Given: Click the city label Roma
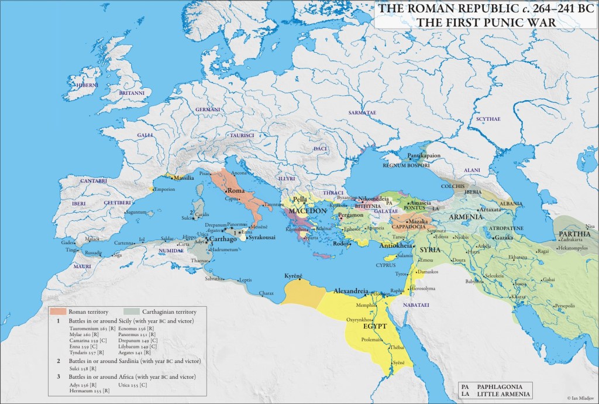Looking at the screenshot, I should point(236,191).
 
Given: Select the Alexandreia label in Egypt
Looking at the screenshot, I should point(351,291).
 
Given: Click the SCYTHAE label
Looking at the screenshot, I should point(488,119).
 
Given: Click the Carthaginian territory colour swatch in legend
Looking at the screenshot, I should point(133,311).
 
